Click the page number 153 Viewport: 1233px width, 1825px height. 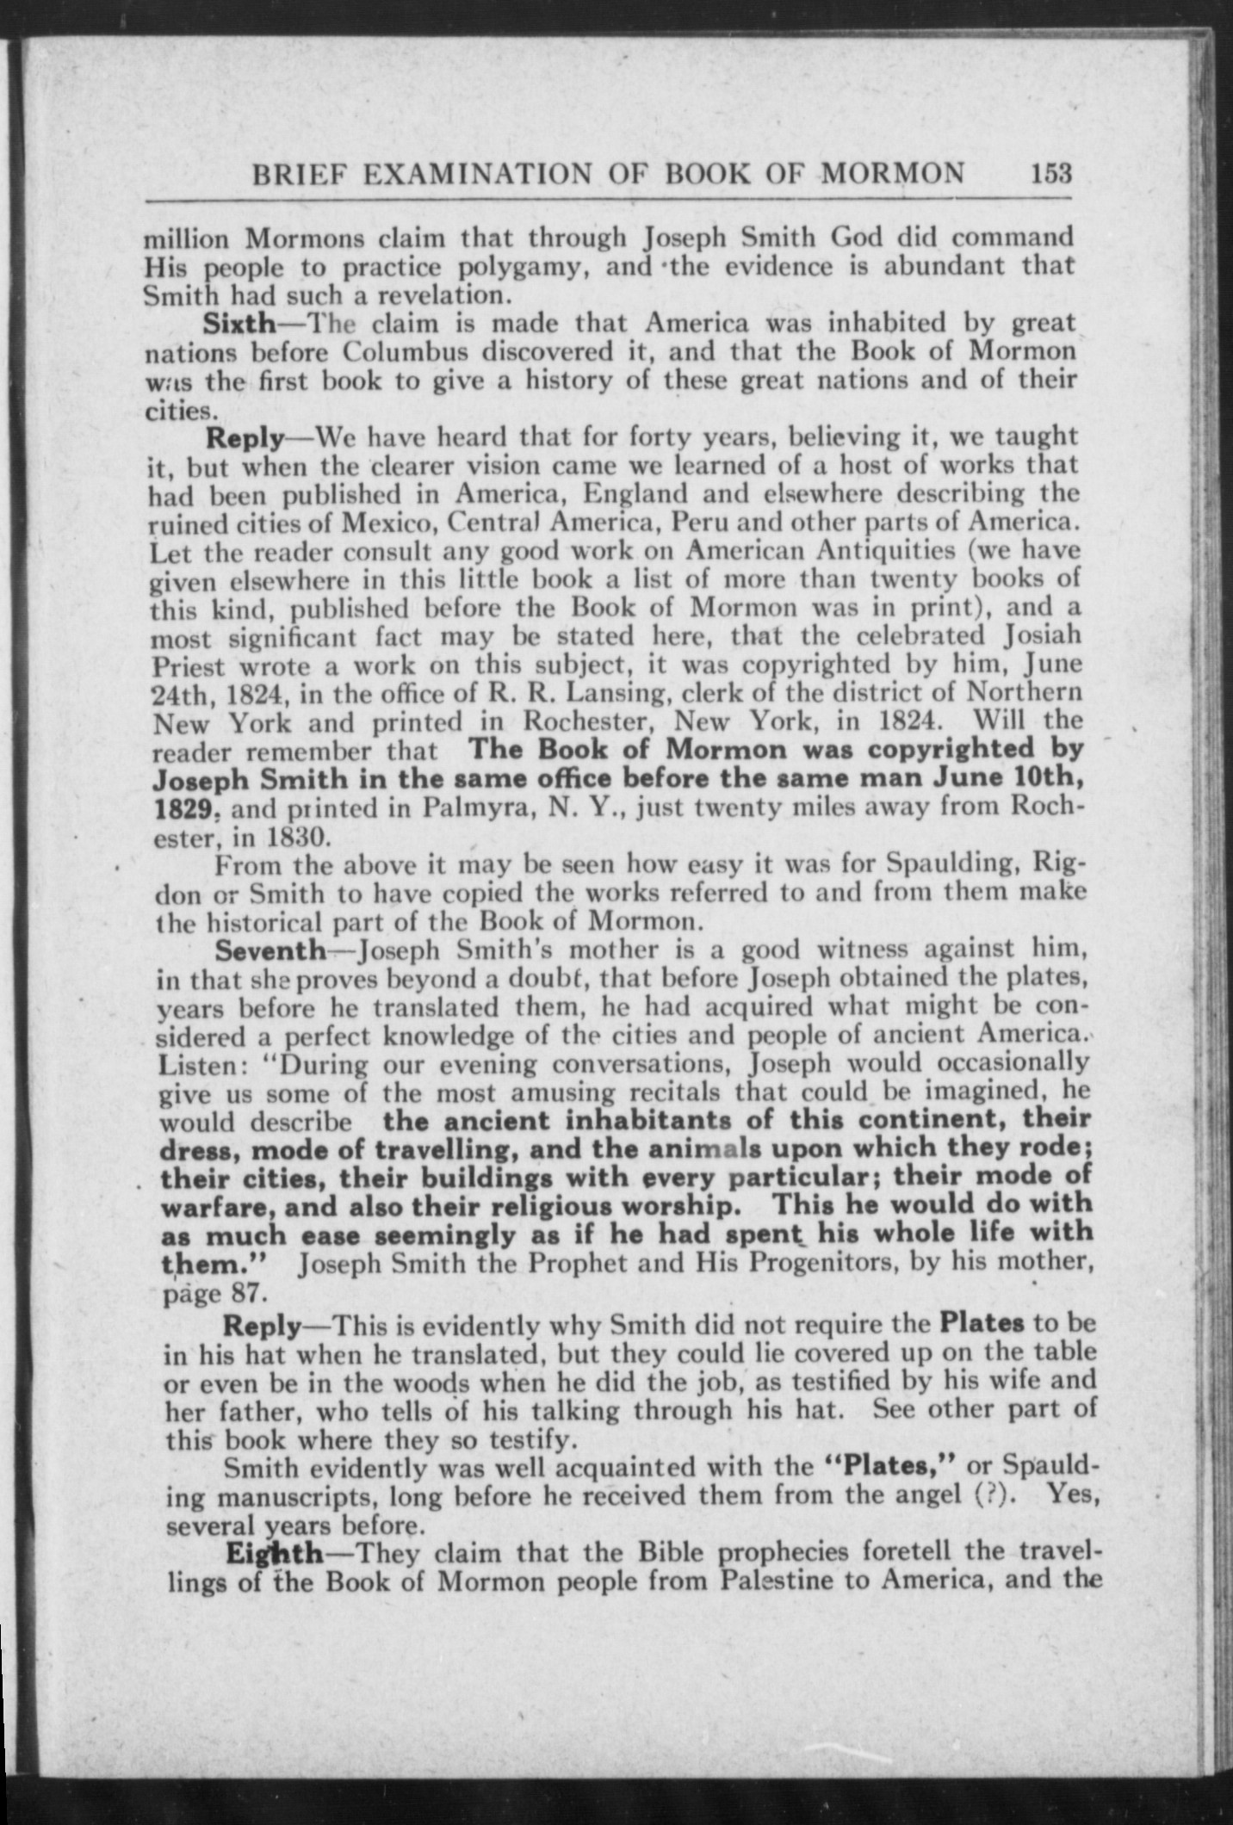(1049, 174)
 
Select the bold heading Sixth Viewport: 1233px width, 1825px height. (239, 324)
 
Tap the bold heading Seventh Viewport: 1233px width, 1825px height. (270, 950)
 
